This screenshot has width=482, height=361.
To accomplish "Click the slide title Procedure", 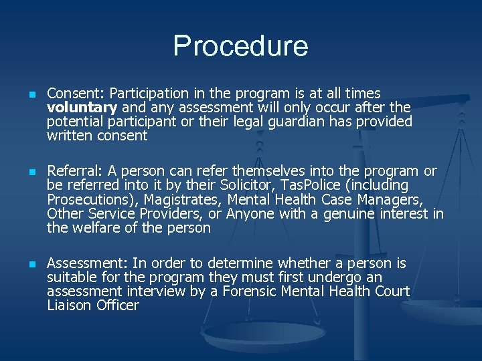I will tap(240, 45).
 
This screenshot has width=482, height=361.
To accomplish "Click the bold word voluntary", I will tap(82, 107).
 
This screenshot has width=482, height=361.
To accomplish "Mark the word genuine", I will tap(351, 213).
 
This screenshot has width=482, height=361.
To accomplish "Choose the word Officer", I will tap(118, 306).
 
